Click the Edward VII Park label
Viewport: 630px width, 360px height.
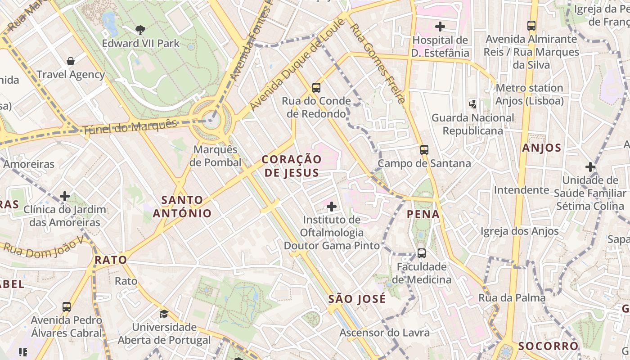pos(140,44)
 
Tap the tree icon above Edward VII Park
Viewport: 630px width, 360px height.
pos(140,30)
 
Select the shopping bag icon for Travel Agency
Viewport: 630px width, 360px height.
pos(70,61)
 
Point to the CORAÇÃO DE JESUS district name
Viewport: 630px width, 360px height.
pos(292,166)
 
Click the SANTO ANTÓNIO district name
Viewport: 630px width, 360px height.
pos(182,207)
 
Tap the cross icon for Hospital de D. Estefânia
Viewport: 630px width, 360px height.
pos(440,27)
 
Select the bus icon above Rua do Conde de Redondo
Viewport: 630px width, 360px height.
pos(316,88)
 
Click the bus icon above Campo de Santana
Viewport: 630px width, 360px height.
pos(424,150)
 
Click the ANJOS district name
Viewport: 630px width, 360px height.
pos(542,148)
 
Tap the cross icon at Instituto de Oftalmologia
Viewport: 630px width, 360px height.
pos(332,207)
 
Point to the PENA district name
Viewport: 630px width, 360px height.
pos(423,214)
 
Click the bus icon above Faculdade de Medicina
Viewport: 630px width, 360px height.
pos(421,253)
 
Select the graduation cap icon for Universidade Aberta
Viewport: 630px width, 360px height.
pos(164,314)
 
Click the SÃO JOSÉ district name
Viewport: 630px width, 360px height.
pos(357,299)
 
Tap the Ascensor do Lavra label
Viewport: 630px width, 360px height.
pos(384,333)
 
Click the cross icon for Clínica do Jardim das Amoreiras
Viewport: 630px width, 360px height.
pos(65,196)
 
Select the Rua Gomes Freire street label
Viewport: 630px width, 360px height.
pos(378,63)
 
